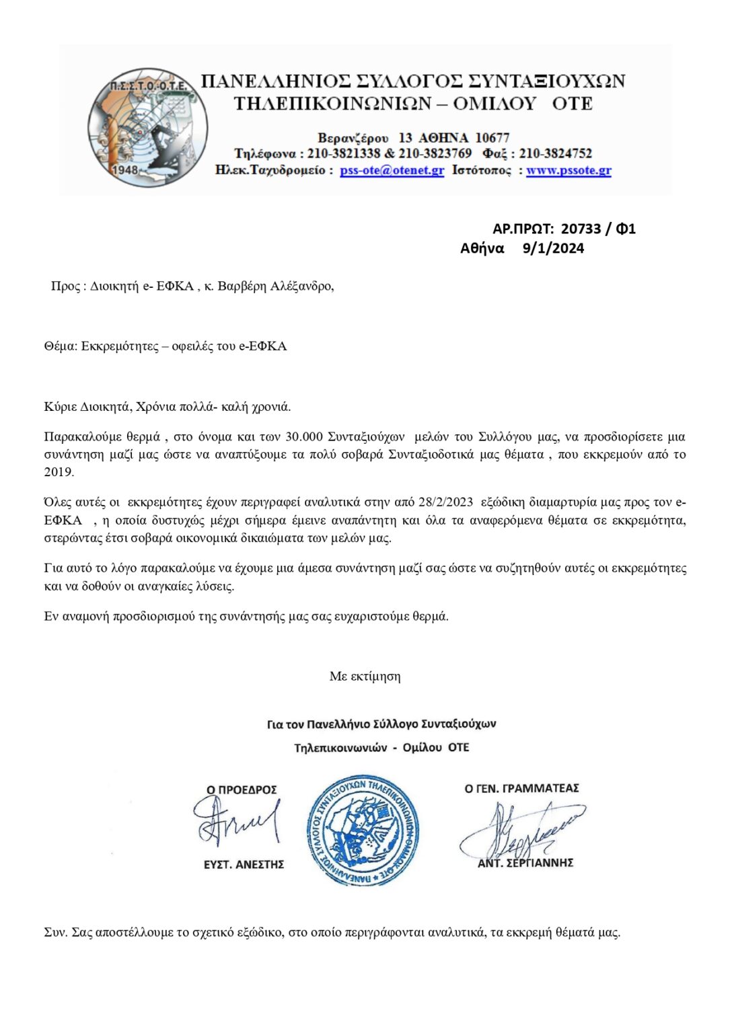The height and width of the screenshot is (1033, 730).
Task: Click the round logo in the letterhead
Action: coord(147,127)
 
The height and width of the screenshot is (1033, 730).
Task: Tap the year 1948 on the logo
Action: coord(124,169)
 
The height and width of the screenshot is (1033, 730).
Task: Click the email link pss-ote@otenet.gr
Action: coord(392,170)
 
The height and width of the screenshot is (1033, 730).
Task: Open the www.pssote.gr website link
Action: coord(569,170)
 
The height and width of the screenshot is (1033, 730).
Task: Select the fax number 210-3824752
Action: coord(555,153)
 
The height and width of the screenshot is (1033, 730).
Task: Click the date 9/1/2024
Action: coord(553,248)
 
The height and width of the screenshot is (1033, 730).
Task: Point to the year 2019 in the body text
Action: coord(58,471)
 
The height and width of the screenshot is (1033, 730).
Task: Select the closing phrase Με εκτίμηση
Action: coord(365,676)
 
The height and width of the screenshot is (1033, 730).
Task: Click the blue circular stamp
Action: coord(363,830)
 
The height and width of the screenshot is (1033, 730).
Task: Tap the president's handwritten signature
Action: coord(235,821)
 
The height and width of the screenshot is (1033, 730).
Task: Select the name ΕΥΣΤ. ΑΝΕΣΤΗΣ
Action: coord(244,864)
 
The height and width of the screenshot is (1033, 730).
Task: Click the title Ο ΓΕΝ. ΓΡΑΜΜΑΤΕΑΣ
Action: coord(521,788)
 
